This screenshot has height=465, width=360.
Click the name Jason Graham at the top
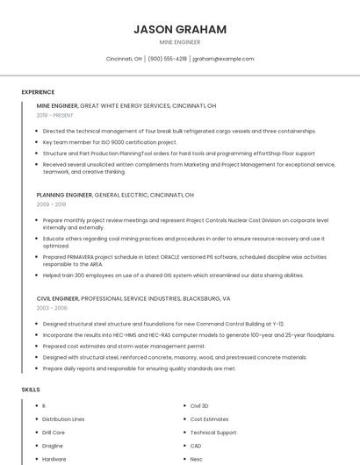click(x=180, y=29)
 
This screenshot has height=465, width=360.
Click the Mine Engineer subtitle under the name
click(x=180, y=42)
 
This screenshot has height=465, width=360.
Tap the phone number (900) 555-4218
click(x=167, y=59)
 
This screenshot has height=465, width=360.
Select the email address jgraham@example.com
click(x=223, y=59)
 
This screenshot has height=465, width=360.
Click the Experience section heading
click(x=38, y=92)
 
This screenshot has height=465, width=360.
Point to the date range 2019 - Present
click(x=55, y=115)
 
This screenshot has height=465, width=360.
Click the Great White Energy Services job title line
click(x=126, y=105)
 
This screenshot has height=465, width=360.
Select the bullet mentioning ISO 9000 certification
click(x=110, y=141)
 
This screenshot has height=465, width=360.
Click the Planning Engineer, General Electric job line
click(x=115, y=195)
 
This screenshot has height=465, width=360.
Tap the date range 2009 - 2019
click(x=51, y=204)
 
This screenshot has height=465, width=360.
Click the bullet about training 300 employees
click(x=173, y=275)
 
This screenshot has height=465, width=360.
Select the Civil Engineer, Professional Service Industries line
click(x=133, y=298)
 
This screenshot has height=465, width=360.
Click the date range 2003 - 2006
click(x=52, y=308)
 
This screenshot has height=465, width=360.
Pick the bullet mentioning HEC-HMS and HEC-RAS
click(x=188, y=334)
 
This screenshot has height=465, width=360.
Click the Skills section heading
click(x=31, y=389)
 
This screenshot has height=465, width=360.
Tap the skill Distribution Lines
click(x=63, y=419)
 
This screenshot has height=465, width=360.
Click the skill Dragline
click(x=54, y=446)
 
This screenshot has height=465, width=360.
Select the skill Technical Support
click(x=213, y=433)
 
